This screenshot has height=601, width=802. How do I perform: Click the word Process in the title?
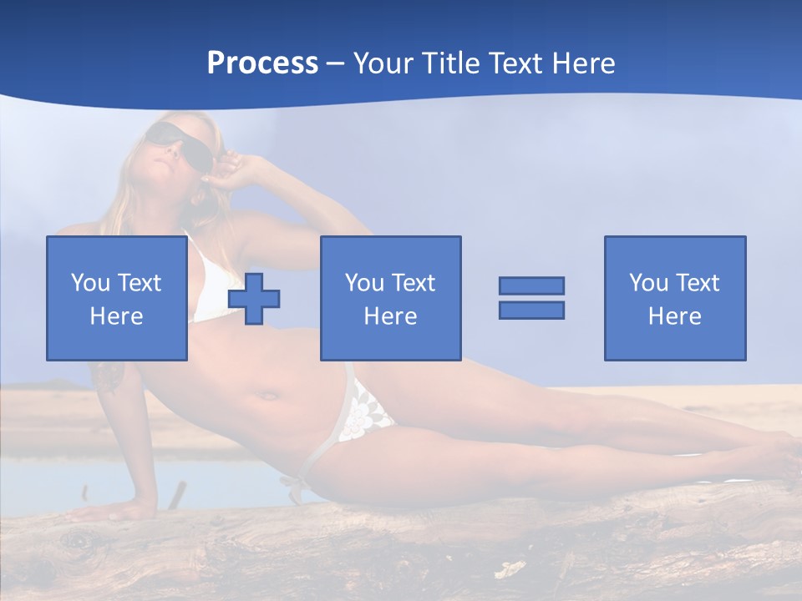click(262, 63)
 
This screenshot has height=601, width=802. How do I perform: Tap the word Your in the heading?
click(385, 63)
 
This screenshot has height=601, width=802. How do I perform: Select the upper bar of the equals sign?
click(531, 285)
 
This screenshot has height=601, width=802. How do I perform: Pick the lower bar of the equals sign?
click(531, 310)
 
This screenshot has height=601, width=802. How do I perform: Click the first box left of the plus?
click(116, 250)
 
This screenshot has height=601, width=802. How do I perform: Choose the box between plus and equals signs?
click(390, 250)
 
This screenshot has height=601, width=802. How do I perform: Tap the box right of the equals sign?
click(674, 250)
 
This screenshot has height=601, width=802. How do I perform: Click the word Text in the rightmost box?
click(697, 283)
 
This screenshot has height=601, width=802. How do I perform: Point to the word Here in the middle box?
click(390, 316)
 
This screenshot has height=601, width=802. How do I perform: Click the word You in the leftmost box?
click(90, 283)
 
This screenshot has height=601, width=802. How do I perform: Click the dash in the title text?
click(336, 63)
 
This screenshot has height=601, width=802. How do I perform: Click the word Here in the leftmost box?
click(116, 316)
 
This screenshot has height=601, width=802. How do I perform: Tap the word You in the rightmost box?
click(648, 283)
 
